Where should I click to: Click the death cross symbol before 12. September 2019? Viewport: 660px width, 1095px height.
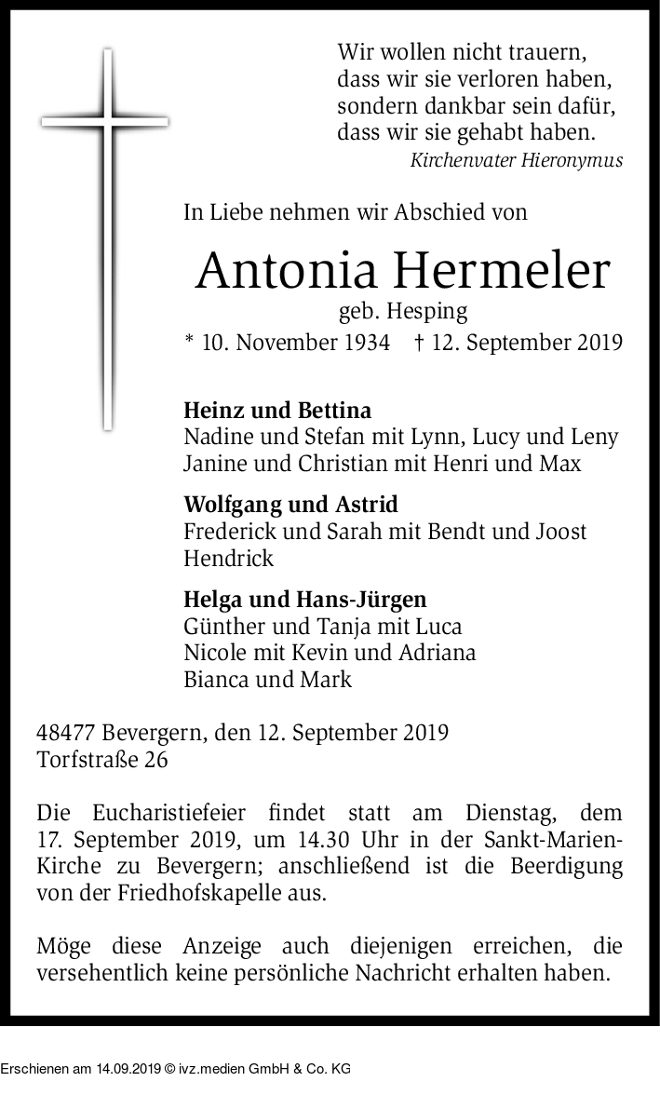(420, 342)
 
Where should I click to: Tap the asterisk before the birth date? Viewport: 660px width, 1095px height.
(189, 341)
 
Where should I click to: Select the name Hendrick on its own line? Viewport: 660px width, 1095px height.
(229, 559)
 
